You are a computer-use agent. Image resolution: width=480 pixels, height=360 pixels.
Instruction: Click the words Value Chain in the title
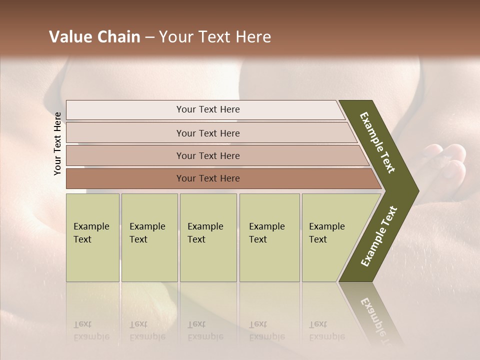tap(94, 37)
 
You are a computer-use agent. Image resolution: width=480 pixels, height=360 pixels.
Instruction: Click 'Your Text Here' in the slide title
tap(215, 37)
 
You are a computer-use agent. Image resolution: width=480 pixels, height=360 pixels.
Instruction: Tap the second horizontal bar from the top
tap(208, 133)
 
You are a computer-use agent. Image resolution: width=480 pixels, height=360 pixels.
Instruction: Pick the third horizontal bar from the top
tap(208, 155)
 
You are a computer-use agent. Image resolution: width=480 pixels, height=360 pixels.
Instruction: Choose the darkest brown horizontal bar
tap(208, 178)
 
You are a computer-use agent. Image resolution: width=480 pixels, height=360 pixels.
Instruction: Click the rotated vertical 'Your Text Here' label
tap(57, 143)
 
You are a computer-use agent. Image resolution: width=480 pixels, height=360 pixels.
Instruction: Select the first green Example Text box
tap(92, 237)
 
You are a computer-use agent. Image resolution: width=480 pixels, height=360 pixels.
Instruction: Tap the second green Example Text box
tap(149, 237)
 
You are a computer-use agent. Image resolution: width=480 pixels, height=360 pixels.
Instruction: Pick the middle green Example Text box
tap(208, 237)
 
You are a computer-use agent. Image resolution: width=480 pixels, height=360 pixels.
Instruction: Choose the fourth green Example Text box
tap(269, 237)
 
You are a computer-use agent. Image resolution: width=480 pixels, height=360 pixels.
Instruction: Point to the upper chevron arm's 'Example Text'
tap(377, 142)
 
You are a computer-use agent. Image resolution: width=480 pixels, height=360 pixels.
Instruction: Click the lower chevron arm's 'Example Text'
tap(379, 236)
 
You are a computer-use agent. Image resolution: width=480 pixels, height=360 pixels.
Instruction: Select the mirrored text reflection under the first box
tap(91, 330)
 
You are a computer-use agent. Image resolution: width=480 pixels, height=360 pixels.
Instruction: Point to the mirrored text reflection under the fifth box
tap(326, 330)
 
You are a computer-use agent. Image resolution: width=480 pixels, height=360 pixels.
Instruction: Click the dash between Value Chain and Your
tap(149, 37)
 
